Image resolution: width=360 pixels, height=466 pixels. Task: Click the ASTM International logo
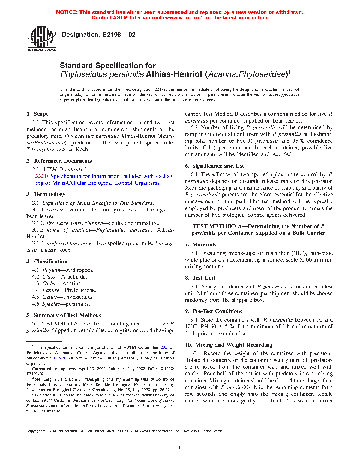(42, 39)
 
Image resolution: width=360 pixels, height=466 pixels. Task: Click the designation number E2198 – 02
(119, 35)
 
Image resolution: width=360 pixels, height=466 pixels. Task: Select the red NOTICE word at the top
(67, 12)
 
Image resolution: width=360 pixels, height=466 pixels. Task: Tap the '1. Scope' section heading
(37, 114)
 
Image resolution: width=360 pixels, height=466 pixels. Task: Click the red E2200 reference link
(40, 176)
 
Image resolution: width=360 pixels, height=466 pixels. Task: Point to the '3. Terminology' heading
(46, 194)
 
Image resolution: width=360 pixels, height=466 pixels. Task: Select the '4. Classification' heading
(47, 262)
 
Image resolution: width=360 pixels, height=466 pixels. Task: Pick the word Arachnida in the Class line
(74, 277)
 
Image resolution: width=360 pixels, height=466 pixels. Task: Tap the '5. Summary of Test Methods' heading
(64, 315)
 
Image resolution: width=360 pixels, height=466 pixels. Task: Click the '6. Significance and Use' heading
(215, 166)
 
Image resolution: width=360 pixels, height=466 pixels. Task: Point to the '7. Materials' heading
(200, 245)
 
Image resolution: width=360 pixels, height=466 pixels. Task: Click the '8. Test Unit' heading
(200, 278)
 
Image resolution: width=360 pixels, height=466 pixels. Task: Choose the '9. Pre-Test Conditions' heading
(214, 311)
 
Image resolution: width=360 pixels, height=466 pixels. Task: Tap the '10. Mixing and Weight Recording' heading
(229, 345)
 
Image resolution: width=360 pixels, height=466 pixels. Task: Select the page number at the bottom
(180, 448)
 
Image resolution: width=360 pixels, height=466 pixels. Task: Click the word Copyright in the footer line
(34, 431)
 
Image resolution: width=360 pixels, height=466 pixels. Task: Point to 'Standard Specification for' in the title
(108, 66)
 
